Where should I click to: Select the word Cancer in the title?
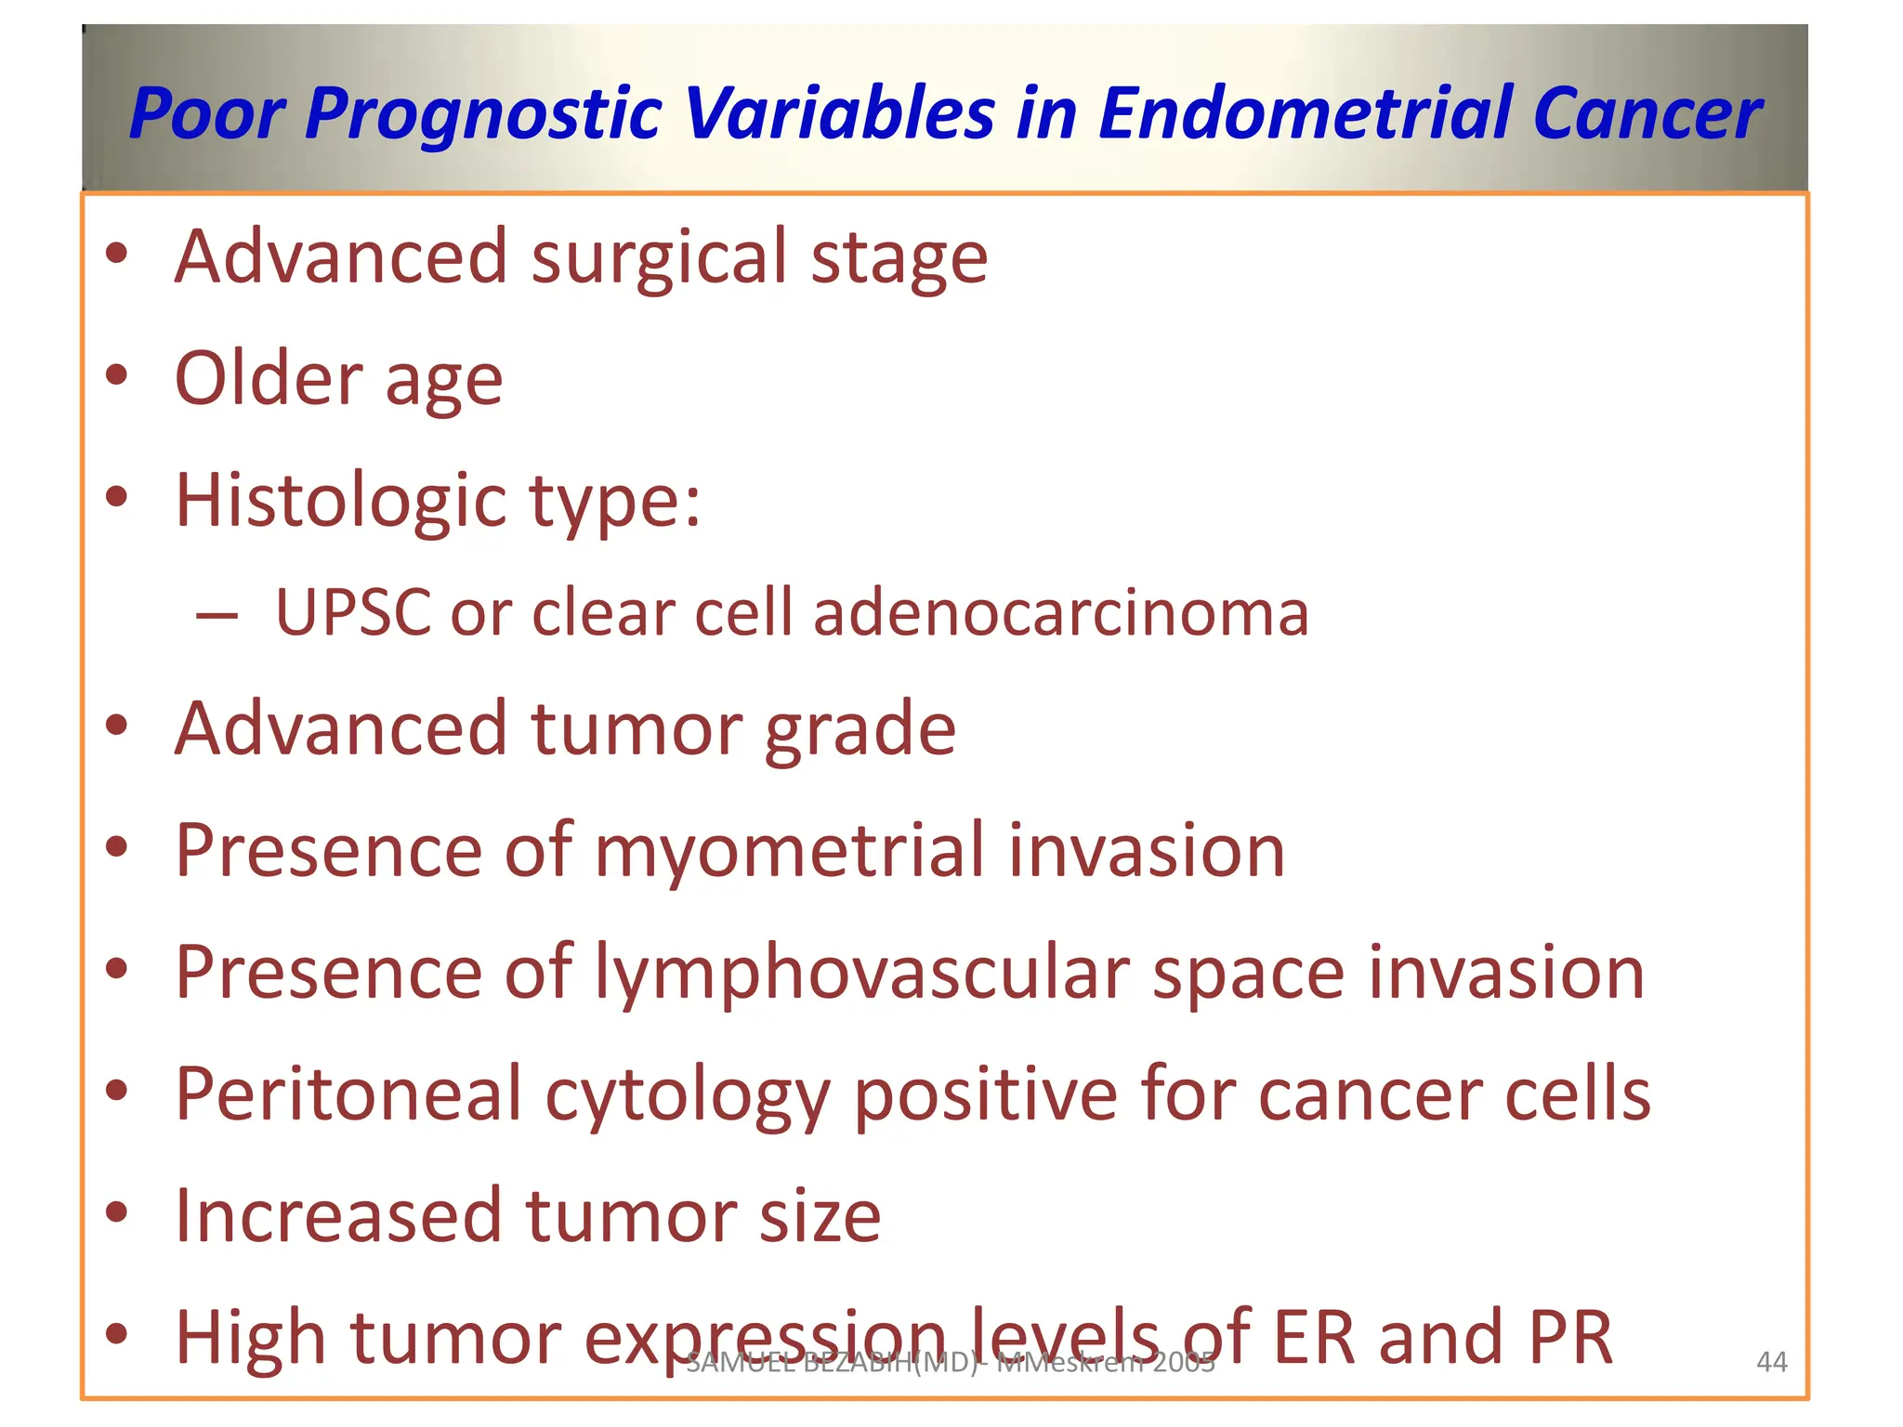(x=1647, y=113)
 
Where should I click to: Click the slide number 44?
(x=1771, y=1362)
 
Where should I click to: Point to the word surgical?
(x=660, y=258)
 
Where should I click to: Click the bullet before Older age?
(x=116, y=375)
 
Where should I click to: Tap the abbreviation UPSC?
(x=354, y=613)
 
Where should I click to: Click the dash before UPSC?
(x=217, y=615)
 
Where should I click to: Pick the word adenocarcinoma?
(x=1060, y=613)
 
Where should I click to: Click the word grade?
(x=860, y=730)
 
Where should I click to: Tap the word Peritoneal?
(x=348, y=1094)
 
